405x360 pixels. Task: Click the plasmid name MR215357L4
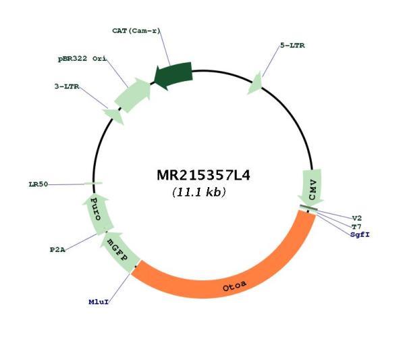[x=203, y=175]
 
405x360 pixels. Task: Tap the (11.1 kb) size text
[x=199, y=192]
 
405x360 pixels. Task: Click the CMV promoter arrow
[x=311, y=186]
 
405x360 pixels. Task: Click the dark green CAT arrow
[x=173, y=76]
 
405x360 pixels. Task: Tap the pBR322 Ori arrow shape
[x=133, y=95]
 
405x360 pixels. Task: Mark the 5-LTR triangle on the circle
[x=255, y=83]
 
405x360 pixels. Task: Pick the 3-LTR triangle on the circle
[x=113, y=115]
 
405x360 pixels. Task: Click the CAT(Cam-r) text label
[x=136, y=31]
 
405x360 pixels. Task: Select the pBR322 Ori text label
[x=82, y=59]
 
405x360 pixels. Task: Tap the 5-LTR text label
[x=292, y=45]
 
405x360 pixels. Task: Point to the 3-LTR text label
[x=67, y=86]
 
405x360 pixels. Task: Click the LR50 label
[x=38, y=184]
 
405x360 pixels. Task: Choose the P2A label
[x=57, y=250]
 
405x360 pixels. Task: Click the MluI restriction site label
[x=99, y=302]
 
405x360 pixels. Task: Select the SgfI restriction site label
[x=360, y=234]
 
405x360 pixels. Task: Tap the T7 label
[x=356, y=227]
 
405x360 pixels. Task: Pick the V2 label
[x=357, y=218]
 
